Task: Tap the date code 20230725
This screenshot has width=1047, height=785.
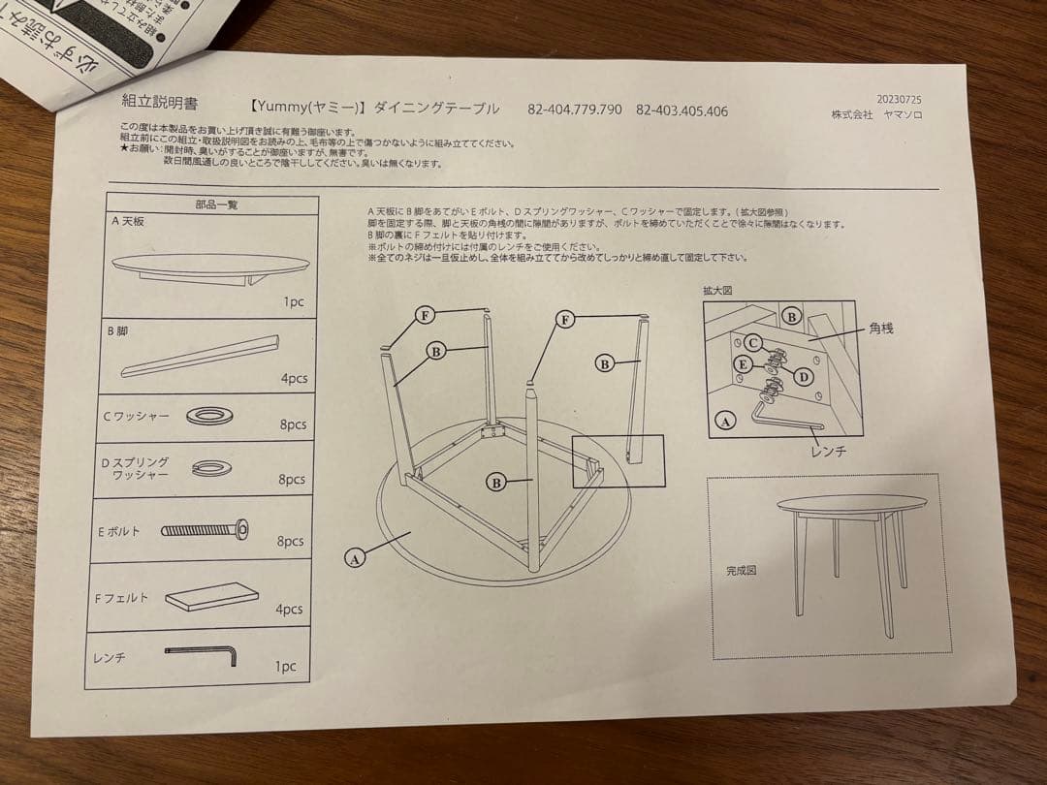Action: (x=898, y=99)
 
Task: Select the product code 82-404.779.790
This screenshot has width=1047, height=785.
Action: (x=575, y=110)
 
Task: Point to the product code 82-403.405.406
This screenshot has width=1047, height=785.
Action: (x=682, y=110)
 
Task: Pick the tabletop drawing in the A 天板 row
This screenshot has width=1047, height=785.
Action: (x=211, y=267)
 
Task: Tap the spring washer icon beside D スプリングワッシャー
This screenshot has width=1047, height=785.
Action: (x=211, y=468)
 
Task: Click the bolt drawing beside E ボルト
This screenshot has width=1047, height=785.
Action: (x=204, y=529)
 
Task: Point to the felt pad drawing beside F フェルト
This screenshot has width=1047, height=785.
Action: (x=212, y=596)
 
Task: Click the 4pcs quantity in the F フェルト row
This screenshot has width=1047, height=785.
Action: (x=289, y=610)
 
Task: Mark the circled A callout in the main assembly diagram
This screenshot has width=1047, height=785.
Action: (x=355, y=557)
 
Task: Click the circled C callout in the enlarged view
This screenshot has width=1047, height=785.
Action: (x=752, y=342)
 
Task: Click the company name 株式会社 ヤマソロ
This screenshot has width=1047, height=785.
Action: (x=876, y=114)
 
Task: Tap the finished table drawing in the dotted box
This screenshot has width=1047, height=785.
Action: (x=850, y=552)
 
